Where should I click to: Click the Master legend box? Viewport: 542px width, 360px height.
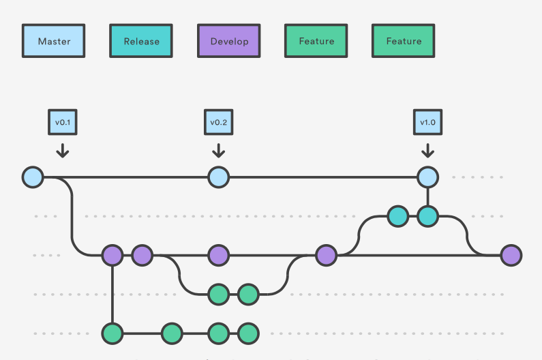point(55,42)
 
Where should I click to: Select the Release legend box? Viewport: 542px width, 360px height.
point(141,42)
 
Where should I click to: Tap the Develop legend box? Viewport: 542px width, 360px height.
point(229,42)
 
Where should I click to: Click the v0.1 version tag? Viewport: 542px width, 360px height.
point(63,122)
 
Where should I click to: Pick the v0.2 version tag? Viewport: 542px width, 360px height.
point(218,122)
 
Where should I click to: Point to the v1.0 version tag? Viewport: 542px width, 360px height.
point(427,122)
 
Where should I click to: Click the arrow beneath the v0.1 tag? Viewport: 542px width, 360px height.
point(63,150)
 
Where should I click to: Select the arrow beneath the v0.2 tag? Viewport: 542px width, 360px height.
point(218,150)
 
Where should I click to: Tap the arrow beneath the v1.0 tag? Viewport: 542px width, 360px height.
point(427,150)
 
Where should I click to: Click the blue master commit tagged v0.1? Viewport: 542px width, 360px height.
point(33,177)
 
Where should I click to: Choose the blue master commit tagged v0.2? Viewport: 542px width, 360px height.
point(218,177)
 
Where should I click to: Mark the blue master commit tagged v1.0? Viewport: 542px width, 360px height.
point(427,177)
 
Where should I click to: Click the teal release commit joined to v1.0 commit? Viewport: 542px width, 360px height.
point(427,217)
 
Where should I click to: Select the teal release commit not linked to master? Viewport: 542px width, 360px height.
point(397,217)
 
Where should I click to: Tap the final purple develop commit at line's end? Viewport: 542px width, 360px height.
point(511,256)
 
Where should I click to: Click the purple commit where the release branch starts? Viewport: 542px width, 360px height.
point(327,256)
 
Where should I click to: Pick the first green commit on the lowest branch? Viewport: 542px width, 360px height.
point(112,334)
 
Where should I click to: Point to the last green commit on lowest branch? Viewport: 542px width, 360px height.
point(248,334)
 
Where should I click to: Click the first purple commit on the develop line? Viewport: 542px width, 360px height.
point(112,256)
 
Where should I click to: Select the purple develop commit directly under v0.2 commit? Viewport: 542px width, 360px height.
point(218,256)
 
